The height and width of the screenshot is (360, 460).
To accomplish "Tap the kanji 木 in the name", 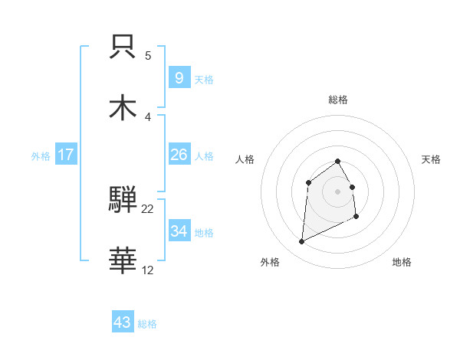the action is [x=123, y=106].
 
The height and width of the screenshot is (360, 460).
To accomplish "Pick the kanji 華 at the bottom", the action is [x=123, y=260].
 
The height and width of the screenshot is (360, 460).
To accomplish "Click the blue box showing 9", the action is [x=179, y=78].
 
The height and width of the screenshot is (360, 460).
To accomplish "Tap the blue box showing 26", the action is [x=179, y=155].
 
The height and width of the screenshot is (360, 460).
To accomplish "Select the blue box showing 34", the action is [x=179, y=231].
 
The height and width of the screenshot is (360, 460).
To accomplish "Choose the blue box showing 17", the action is [x=66, y=155].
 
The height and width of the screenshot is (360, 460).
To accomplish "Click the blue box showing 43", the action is [x=123, y=322].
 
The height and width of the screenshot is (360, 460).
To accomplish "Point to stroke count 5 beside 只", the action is [x=148, y=56].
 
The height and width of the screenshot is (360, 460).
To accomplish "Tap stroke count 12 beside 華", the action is [x=148, y=270].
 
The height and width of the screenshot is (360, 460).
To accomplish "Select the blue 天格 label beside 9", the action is [x=204, y=79].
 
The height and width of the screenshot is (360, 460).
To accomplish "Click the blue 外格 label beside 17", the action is [x=41, y=155].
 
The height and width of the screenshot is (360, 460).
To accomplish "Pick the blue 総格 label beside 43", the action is [x=147, y=323].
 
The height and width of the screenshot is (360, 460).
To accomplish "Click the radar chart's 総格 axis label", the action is [x=337, y=100].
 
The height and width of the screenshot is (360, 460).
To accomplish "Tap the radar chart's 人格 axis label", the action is [x=245, y=159].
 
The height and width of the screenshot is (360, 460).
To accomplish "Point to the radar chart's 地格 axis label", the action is [x=402, y=262].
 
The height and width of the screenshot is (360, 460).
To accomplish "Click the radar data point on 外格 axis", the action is [x=301, y=242].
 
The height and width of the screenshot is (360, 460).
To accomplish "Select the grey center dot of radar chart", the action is [x=337, y=191].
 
